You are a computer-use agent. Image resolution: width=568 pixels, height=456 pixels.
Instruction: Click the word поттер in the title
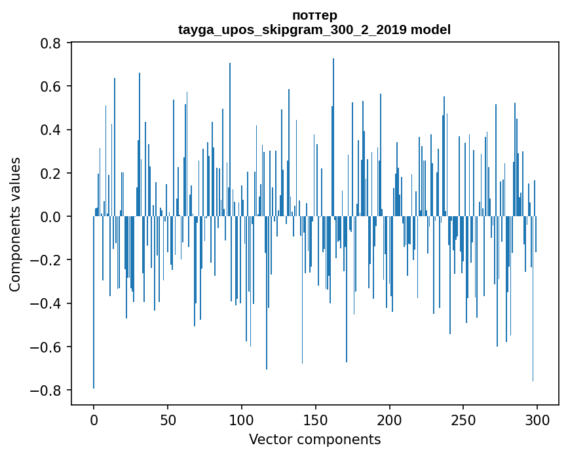[314, 16]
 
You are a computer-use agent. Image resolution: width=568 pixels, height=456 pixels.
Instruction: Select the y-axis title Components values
[15, 224]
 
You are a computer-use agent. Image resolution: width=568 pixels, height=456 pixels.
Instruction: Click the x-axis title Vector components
[314, 439]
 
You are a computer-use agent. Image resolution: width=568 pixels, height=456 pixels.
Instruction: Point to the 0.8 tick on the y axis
[51, 43]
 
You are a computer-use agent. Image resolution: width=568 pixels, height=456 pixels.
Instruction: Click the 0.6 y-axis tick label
[51, 86]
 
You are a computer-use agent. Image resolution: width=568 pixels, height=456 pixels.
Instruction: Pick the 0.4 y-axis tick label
[51, 130]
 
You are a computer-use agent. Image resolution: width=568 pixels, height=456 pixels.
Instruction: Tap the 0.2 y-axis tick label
[51, 174]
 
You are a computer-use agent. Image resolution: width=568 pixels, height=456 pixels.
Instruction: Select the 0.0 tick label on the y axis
[51, 217]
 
